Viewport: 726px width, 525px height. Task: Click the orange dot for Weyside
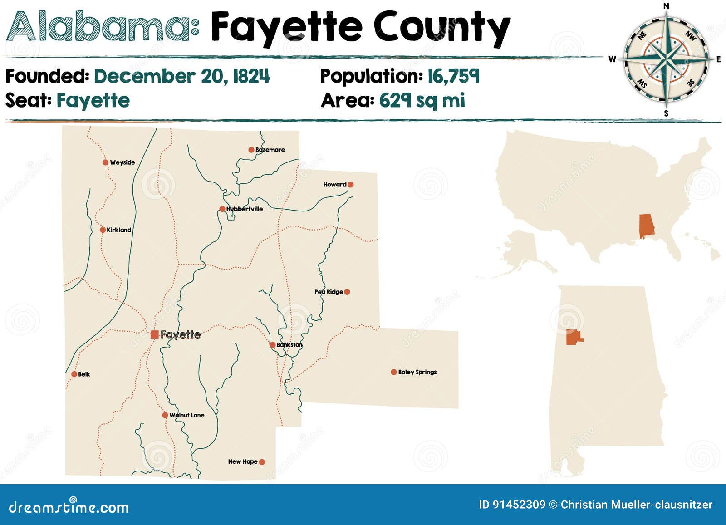coord(105,162)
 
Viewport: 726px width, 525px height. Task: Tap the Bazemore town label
coord(270,150)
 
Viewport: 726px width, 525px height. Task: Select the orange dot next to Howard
coord(350,185)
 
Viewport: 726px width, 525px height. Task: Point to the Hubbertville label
coord(245,209)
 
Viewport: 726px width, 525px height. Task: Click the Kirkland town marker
coord(103,230)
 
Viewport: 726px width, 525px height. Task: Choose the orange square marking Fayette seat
coord(154,334)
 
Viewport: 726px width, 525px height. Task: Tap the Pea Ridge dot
coord(347,292)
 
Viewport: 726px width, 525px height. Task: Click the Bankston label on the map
coord(289,345)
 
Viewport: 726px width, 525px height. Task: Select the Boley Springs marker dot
coord(393,372)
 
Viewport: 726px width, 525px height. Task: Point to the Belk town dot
coord(74,374)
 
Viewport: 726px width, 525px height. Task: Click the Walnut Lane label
coord(187,415)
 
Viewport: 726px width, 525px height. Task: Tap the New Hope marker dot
coord(262,462)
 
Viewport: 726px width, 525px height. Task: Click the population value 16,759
coord(453,76)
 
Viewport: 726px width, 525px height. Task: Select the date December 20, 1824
coord(181,76)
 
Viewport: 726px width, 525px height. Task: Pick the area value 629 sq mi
coord(422,100)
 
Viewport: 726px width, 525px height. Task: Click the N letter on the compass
coord(666,6)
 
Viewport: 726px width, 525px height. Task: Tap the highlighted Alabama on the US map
coord(647,226)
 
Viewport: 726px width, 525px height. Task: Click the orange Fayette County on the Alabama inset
coord(574,338)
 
